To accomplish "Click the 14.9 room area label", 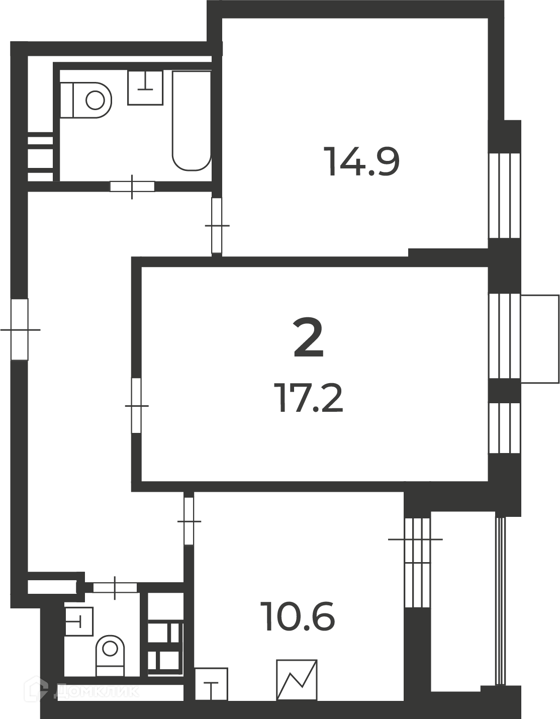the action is (362, 162).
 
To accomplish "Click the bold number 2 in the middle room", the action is (308, 337).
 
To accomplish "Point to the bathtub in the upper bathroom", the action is (192, 121).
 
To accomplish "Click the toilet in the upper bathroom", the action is (86, 100).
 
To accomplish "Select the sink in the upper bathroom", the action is (145, 87).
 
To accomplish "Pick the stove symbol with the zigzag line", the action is (297, 680).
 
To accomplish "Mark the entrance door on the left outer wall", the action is (20, 329).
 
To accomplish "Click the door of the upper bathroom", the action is (132, 187).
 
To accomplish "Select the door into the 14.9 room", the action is (217, 225).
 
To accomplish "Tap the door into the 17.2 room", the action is (137, 406).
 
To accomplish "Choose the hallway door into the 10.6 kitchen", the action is (189, 521).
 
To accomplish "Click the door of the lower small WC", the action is (115, 588).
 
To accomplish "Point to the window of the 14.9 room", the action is (504, 195).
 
